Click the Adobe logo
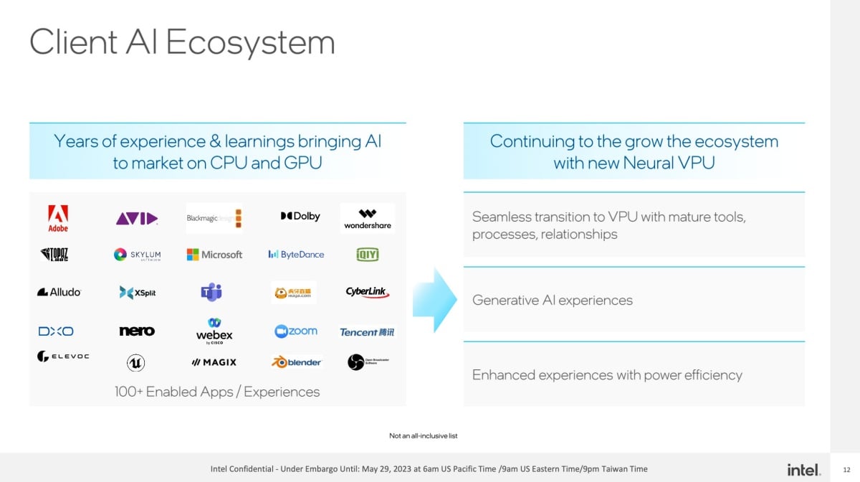click(x=58, y=218)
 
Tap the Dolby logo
click(x=300, y=216)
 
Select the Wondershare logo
click(x=368, y=219)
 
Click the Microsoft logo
click(x=214, y=255)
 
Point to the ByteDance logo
click(x=296, y=255)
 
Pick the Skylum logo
click(x=138, y=255)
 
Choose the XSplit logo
click(x=138, y=293)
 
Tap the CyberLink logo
click(x=367, y=292)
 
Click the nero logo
click(x=137, y=331)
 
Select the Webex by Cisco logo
click(x=214, y=331)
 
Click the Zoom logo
click(x=296, y=331)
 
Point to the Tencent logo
click(x=367, y=332)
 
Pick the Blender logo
click(x=296, y=362)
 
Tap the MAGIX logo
click(x=214, y=362)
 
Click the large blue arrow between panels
click(x=435, y=300)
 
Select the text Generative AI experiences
click(x=553, y=301)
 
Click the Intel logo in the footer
click(x=803, y=470)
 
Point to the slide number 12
click(x=846, y=469)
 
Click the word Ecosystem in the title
click(x=251, y=42)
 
